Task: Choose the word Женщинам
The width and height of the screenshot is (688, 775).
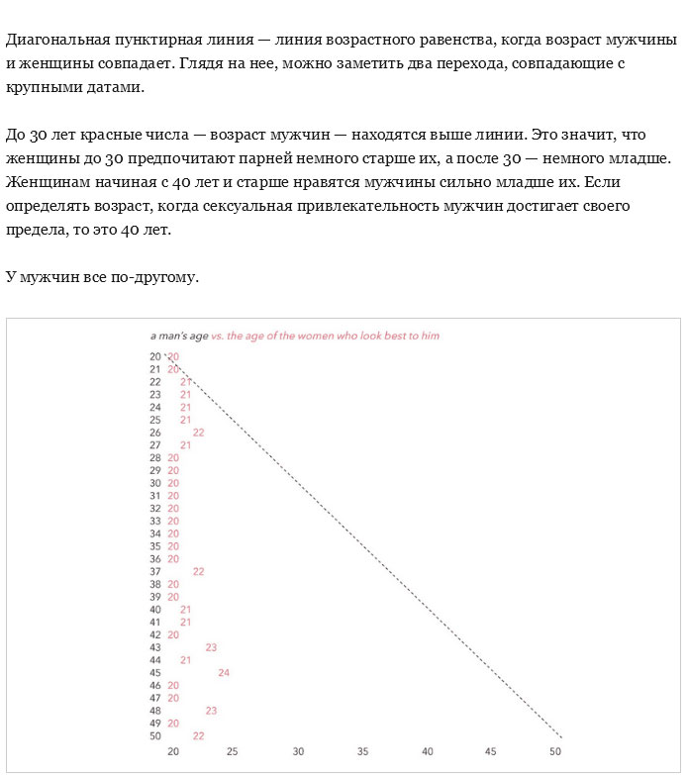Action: coord(44,182)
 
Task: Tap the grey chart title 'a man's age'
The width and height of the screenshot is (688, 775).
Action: coord(179,336)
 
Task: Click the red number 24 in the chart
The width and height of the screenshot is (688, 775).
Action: coord(224,673)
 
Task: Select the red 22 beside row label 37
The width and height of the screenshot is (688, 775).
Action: coord(198,571)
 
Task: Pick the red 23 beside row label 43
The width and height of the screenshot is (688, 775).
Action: coord(211,647)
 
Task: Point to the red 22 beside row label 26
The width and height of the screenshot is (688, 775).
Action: coord(198,433)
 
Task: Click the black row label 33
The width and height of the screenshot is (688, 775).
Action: coord(154,521)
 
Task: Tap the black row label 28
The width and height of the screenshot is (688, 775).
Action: coord(154,457)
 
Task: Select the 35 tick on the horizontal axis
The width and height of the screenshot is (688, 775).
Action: coord(362,752)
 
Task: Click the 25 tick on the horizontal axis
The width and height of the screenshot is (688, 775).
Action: coord(233,752)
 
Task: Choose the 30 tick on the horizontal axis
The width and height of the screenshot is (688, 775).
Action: coord(298,752)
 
